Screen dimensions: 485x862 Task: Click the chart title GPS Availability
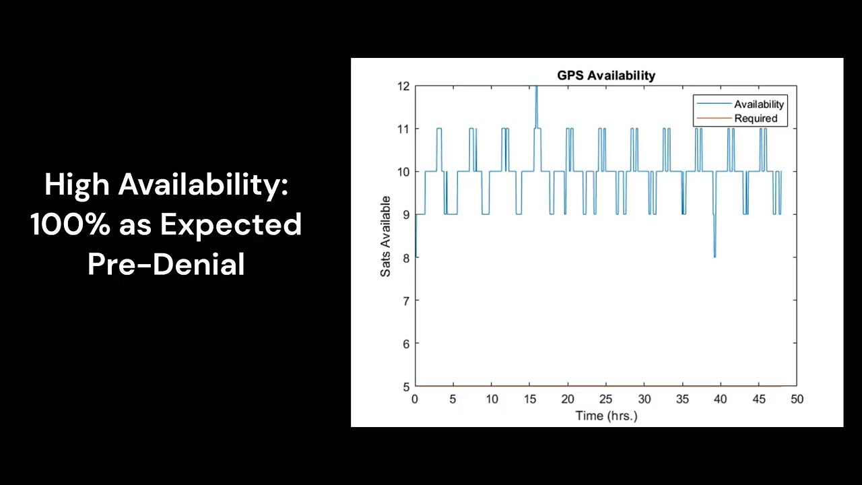tap(606, 75)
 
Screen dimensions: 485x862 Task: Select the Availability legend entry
tap(759, 104)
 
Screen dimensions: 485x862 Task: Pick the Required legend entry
tap(756, 119)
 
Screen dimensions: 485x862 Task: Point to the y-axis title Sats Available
tap(386, 236)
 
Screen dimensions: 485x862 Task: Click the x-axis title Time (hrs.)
tap(606, 416)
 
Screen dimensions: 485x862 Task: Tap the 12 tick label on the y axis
tap(403, 86)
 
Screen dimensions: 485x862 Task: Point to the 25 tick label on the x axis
tap(606, 399)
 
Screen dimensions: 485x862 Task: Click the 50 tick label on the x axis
tap(797, 399)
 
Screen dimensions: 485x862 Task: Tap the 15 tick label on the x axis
tap(529, 399)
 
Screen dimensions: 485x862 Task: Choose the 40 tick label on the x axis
tap(721, 399)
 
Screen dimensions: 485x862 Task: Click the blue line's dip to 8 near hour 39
tap(715, 255)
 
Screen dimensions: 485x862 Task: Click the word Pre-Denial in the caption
tap(166, 264)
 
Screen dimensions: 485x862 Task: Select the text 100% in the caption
tap(70, 224)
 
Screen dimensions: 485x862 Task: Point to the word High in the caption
tap(77, 185)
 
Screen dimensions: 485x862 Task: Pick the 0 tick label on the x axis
tap(415, 399)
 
